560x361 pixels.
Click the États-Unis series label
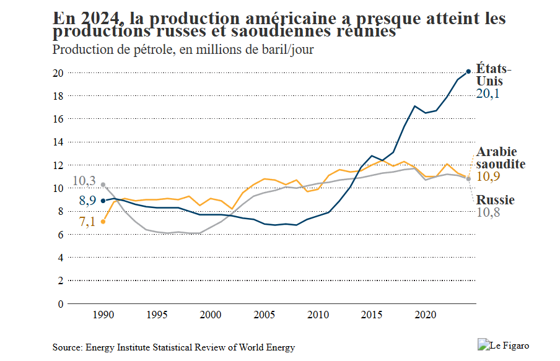pyautogui.click(x=493, y=74)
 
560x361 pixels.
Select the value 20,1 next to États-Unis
pyautogui.click(x=488, y=94)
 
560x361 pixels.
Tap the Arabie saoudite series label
pyautogui.click(x=501, y=158)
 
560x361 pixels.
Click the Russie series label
pyautogui.click(x=495, y=200)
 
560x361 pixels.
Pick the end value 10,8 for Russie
pyautogui.click(x=488, y=213)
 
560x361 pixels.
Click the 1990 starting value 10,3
pyautogui.click(x=84, y=181)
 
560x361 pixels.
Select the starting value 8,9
pyautogui.click(x=87, y=201)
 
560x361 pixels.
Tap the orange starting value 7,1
pyautogui.click(x=87, y=222)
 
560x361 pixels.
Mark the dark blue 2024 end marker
pyautogui.click(x=468, y=72)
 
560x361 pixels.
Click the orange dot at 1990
pyautogui.click(x=103, y=221)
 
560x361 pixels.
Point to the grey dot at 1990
pyautogui.click(x=103, y=185)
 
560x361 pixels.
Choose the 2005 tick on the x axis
pyautogui.click(x=265, y=314)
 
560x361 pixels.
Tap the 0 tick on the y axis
pyautogui.click(x=61, y=303)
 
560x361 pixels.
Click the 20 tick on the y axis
pyautogui.click(x=59, y=72)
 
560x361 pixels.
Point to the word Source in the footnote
pyautogui.click(x=68, y=347)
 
